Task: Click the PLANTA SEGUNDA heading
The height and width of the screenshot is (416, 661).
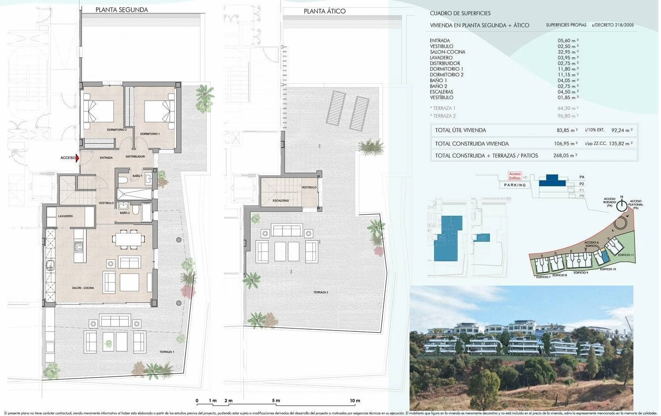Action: pos(122,10)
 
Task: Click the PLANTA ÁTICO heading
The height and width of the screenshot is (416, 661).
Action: pos(325,11)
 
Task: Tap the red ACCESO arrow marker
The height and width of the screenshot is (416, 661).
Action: pos(78,158)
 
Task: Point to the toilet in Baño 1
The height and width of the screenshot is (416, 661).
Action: pos(123,178)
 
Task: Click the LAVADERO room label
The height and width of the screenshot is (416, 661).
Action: pos(65,216)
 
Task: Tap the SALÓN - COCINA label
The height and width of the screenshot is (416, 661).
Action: pos(83,288)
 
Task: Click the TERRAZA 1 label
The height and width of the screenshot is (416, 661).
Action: pos(167,352)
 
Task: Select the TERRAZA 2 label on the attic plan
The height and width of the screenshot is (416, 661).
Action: pos(320,292)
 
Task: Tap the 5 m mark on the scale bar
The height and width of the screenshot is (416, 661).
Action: pos(276,401)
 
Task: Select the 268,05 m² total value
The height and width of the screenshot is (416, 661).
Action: pos(565,155)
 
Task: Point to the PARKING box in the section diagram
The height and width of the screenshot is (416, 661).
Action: pos(515,185)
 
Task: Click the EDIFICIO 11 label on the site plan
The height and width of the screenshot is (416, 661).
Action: pos(626,255)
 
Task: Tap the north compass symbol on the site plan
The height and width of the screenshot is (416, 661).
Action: pos(621,205)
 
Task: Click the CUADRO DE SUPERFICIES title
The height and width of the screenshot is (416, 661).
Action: pos(460,13)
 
